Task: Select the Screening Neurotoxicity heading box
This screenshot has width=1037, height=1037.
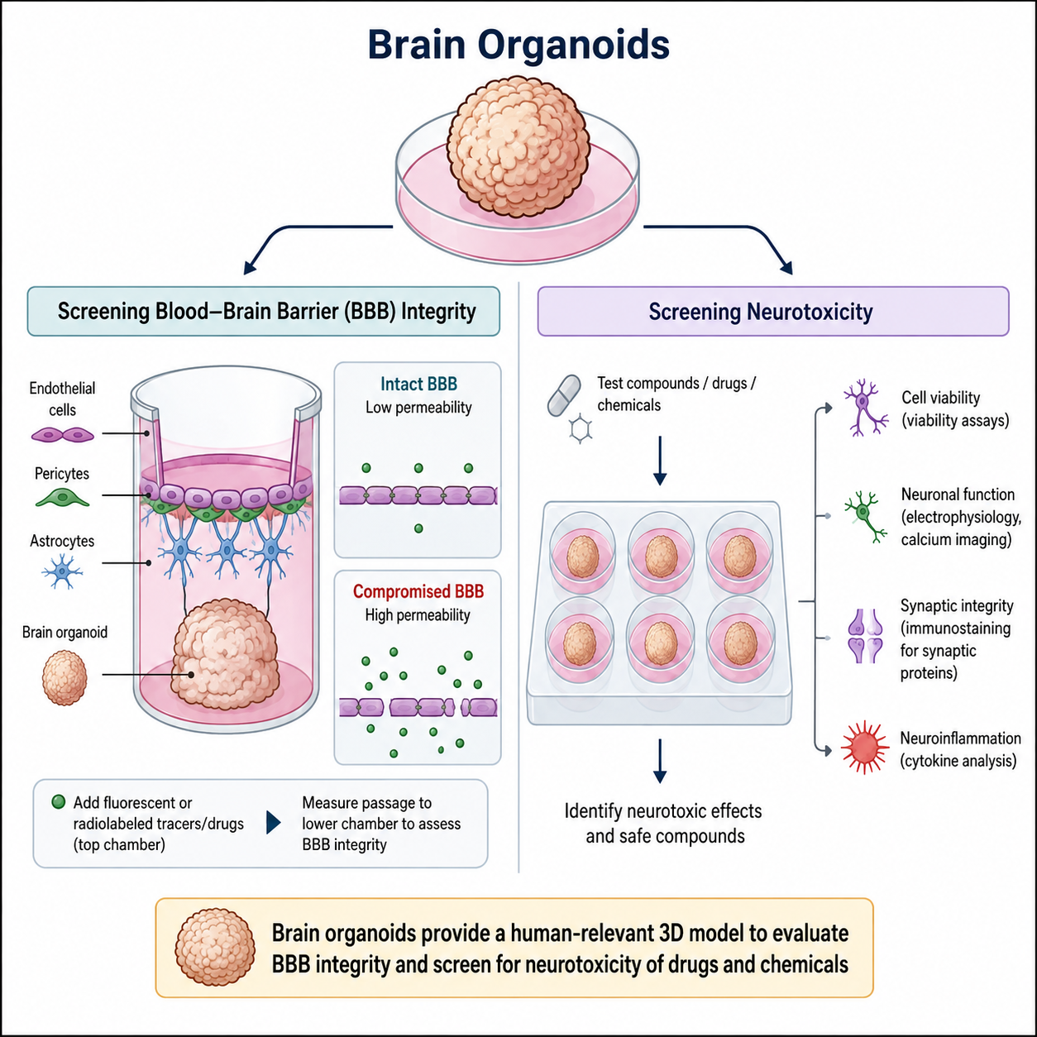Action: tap(773, 312)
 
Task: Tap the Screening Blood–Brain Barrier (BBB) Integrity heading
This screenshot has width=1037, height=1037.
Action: tap(267, 312)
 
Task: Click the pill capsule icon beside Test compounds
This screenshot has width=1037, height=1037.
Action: tap(564, 396)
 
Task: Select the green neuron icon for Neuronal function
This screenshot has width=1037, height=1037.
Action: tap(865, 516)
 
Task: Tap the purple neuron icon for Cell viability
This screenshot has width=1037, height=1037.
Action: tap(865, 408)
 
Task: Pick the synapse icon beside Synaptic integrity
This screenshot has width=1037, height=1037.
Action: tap(865, 636)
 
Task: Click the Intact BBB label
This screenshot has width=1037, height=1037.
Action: tap(418, 385)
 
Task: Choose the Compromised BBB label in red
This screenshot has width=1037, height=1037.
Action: tap(418, 591)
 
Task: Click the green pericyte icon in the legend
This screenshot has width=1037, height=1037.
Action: tap(62, 498)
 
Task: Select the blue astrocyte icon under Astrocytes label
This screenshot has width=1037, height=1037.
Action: tap(62, 571)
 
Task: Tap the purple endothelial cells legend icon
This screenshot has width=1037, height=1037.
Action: tap(62, 434)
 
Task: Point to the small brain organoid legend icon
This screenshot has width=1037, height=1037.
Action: tap(65, 677)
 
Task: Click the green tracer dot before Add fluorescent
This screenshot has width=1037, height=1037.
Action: tap(58, 802)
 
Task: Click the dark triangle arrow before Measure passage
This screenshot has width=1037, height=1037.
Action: tap(274, 823)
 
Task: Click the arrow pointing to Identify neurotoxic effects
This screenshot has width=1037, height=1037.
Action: tap(660, 761)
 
